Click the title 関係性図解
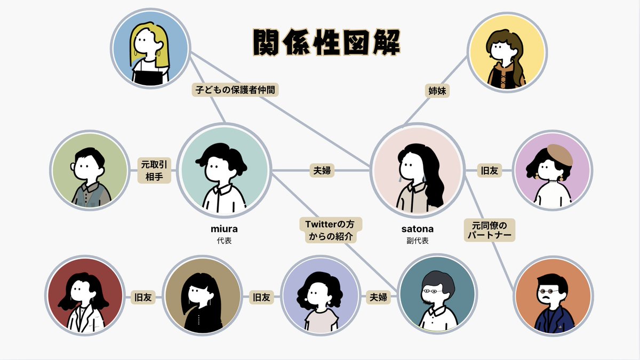pos(326,43)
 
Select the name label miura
pos(224,229)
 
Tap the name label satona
pos(418,229)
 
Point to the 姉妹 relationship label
pos(437,91)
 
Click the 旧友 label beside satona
pos(489,171)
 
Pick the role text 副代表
pos(418,241)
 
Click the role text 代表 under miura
pos(224,241)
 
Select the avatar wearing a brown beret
pos(551,170)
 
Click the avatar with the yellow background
pos(507,51)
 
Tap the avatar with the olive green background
pos(90,170)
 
